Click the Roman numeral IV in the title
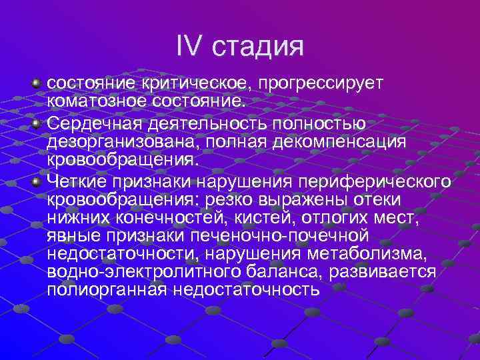[191, 46]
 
